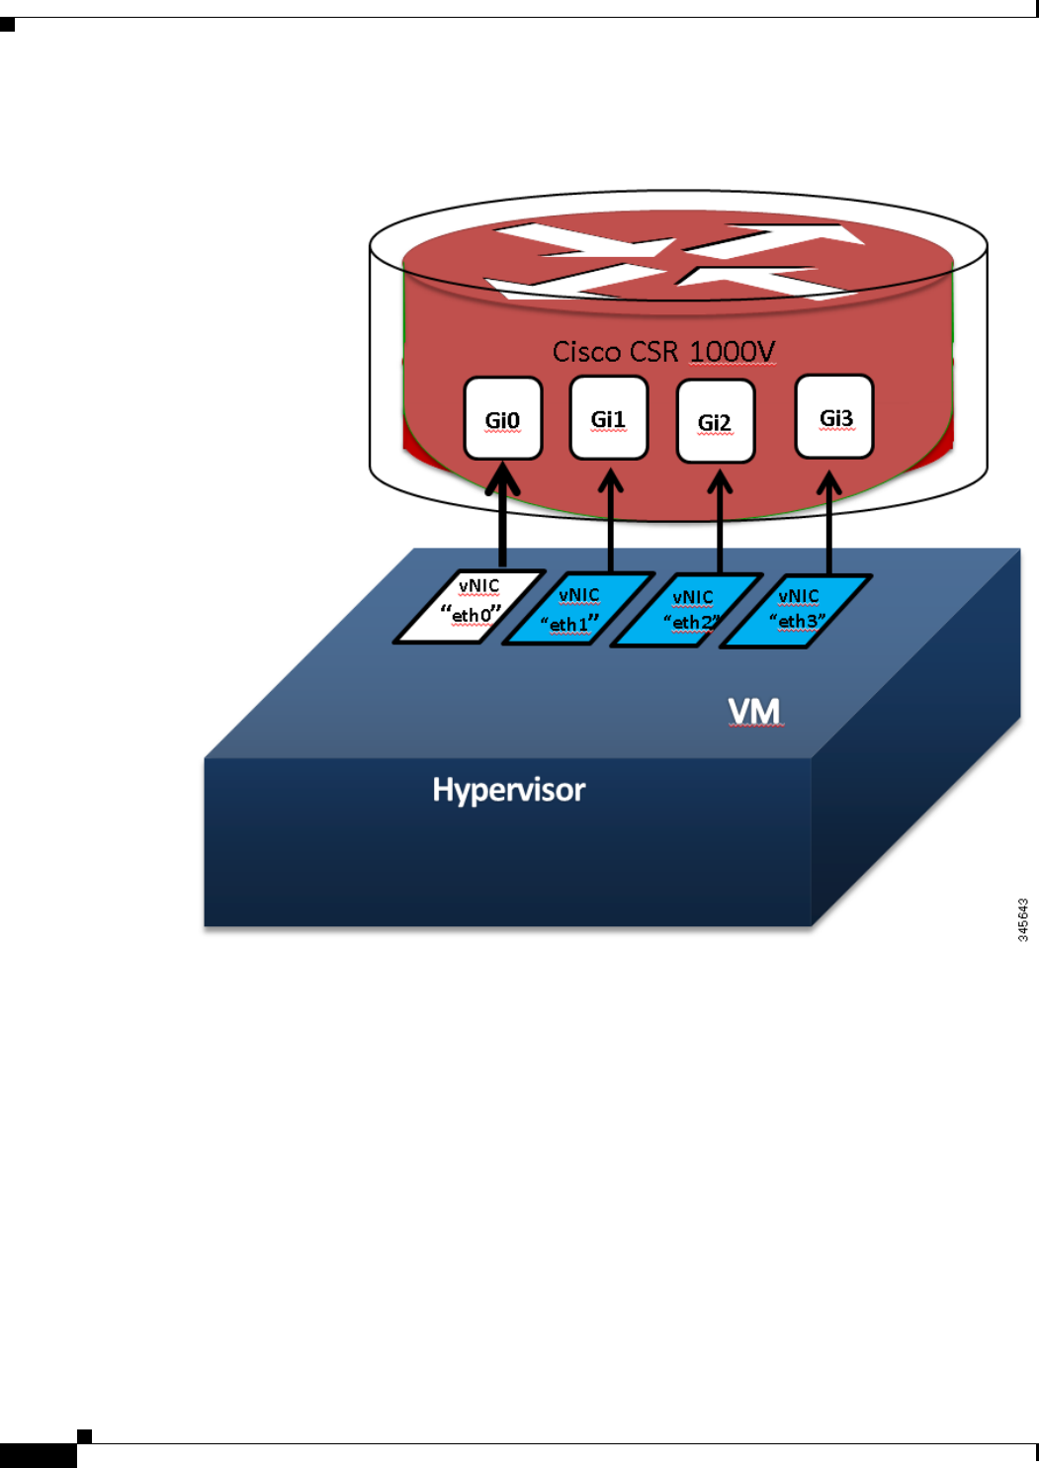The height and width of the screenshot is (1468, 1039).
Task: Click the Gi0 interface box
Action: (x=503, y=418)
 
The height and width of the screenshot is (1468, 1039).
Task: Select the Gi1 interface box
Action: (x=609, y=418)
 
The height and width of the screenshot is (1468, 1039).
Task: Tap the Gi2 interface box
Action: (x=716, y=421)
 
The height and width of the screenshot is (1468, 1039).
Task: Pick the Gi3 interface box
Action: (x=834, y=416)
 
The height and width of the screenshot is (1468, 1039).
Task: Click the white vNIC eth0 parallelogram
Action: (x=471, y=606)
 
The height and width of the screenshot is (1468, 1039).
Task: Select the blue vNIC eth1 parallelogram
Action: (x=578, y=609)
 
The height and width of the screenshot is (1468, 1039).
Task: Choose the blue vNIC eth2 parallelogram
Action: (x=688, y=610)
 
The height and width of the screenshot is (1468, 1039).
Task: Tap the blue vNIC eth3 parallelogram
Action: (x=796, y=611)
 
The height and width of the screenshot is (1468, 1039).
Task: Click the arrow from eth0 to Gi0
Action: (x=503, y=519)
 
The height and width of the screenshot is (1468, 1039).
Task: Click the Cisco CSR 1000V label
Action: (x=663, y=352)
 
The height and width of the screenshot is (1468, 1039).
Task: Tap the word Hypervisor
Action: (x=508, y=790)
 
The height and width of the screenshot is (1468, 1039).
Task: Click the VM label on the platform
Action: (x=754, y=711)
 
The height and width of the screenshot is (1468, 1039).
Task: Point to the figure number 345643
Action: (x=1023, y=919)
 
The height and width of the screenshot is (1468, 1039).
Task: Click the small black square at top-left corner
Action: (x=7, y=25)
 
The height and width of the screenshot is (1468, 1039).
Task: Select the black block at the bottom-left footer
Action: (x=38, y=1455)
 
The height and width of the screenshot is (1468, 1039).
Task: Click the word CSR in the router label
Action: (x=655, y=352)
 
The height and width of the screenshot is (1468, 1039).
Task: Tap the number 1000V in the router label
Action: (x=733, y=352)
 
